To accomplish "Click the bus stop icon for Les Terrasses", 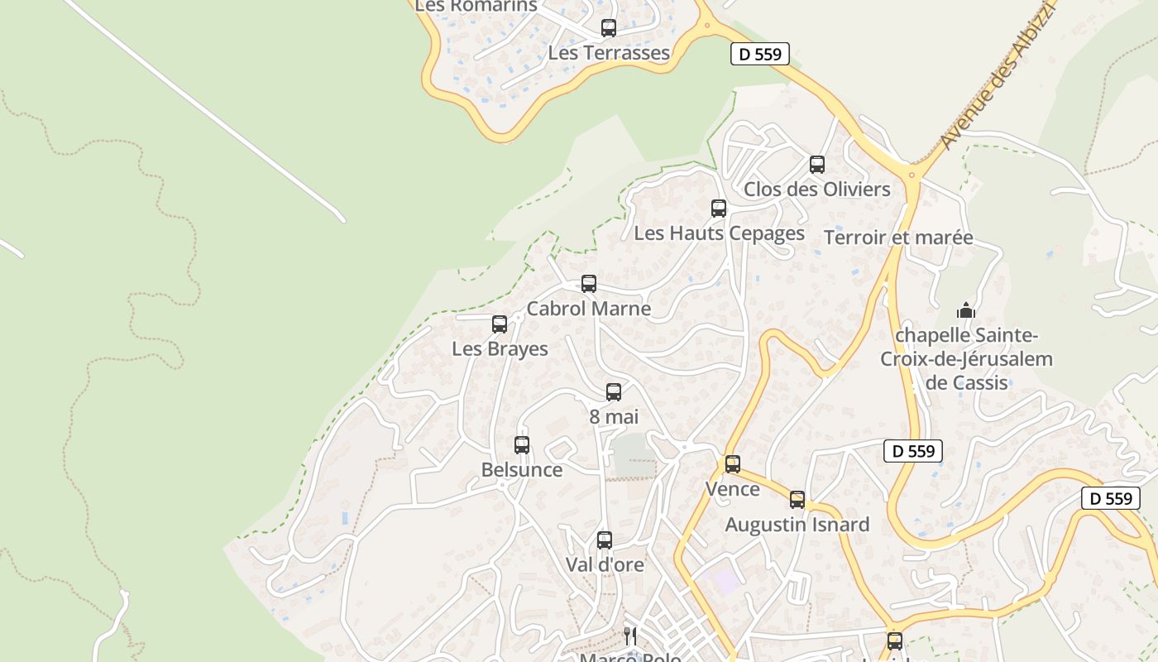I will tap(609, 28).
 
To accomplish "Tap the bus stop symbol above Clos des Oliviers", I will tap(817, 164).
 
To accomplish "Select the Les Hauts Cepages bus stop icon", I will tap(719, 209).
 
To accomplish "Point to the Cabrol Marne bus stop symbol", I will tap(589, 284).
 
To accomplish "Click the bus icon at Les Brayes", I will tap(500, 324).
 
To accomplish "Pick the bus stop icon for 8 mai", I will tap(614, 392).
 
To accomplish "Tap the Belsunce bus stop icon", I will tap(522, 445).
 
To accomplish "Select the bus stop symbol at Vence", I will tap(733, 464).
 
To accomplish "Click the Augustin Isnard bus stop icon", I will tap(797, 500).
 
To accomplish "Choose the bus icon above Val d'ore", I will tap(605, 540).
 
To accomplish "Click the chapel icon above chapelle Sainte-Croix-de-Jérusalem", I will tap(966, 311).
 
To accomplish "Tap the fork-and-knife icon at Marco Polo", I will tap(630, 636).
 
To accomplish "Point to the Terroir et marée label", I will tap(898, 238).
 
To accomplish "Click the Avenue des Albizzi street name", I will tap(998, 75).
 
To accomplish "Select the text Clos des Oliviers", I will tap(817, 189).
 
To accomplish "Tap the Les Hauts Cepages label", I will tap(719, 233).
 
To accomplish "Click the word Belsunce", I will tap(522, 470).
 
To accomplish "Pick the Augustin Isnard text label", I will tap(797, 525).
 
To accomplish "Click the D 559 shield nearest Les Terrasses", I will tap(760, 55).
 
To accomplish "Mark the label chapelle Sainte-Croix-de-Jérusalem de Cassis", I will tap(966, 359).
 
